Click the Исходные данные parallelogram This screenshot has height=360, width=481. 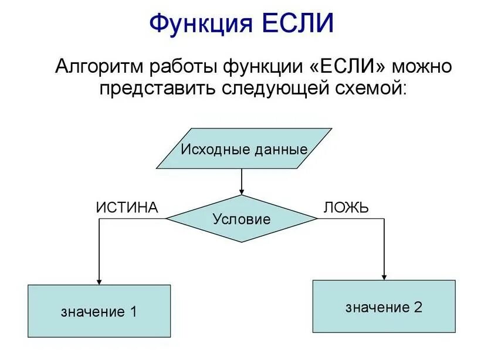pos(243,149)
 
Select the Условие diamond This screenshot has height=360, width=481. pos(242,219)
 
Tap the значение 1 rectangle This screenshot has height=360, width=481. pos(99,311)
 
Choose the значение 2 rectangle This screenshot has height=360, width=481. pos(384,307)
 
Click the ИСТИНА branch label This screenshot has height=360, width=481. pos(127,208)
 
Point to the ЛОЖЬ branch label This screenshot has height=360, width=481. pos(345,208)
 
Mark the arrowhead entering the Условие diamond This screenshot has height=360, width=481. pos(242,191)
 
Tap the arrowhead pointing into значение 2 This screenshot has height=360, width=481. pos(384,276)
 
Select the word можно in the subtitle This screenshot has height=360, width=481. pos(423,66)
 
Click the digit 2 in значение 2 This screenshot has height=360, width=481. pos(418,307)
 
